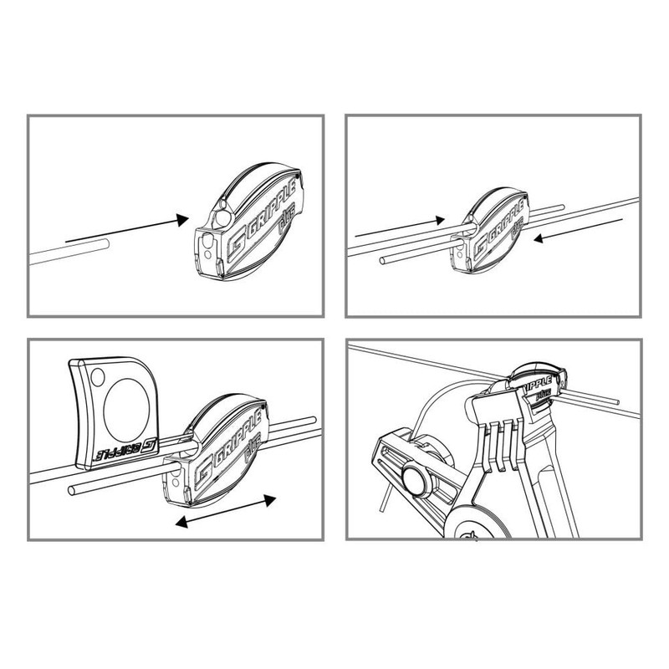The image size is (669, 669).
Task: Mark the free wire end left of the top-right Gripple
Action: point(382,262)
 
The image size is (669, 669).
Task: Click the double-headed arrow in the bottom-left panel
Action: point(225,511)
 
